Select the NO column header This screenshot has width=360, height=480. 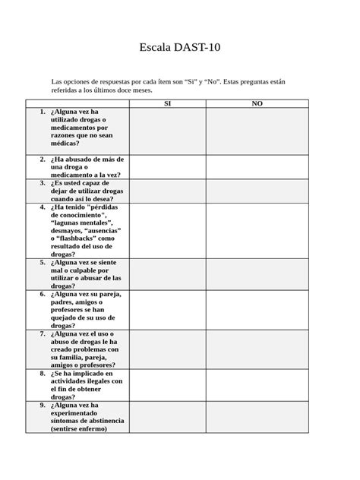(x=257, y=103)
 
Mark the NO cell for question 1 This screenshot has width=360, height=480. (x=257, y=131)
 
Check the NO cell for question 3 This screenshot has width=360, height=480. (x=257, y=190)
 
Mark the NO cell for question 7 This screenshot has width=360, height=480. (x=257, y=349)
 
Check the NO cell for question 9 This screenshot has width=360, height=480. (x=257, y=417)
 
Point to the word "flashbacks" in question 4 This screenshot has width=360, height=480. (x=73, y=238)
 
